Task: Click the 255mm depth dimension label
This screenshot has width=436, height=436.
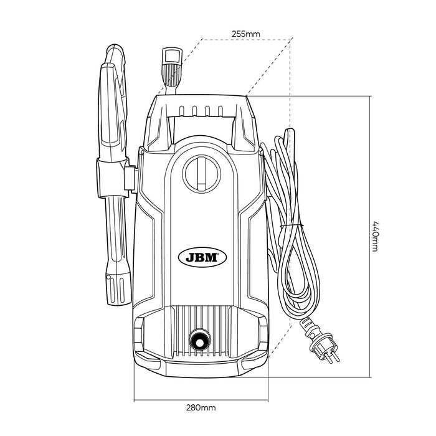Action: [246, 34]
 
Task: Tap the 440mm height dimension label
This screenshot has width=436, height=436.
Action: [375, 237]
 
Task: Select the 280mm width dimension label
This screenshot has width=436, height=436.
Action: [201, 408]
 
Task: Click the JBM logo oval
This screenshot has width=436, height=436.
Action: [202, 258]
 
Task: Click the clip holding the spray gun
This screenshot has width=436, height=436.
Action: [114, 178]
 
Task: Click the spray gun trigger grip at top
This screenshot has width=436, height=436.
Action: [114, 103]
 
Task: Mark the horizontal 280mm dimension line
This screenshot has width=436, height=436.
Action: [201, 400]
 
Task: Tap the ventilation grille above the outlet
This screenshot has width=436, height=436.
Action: [202, 331]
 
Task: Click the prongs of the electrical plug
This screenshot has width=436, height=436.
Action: [332, 359]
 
